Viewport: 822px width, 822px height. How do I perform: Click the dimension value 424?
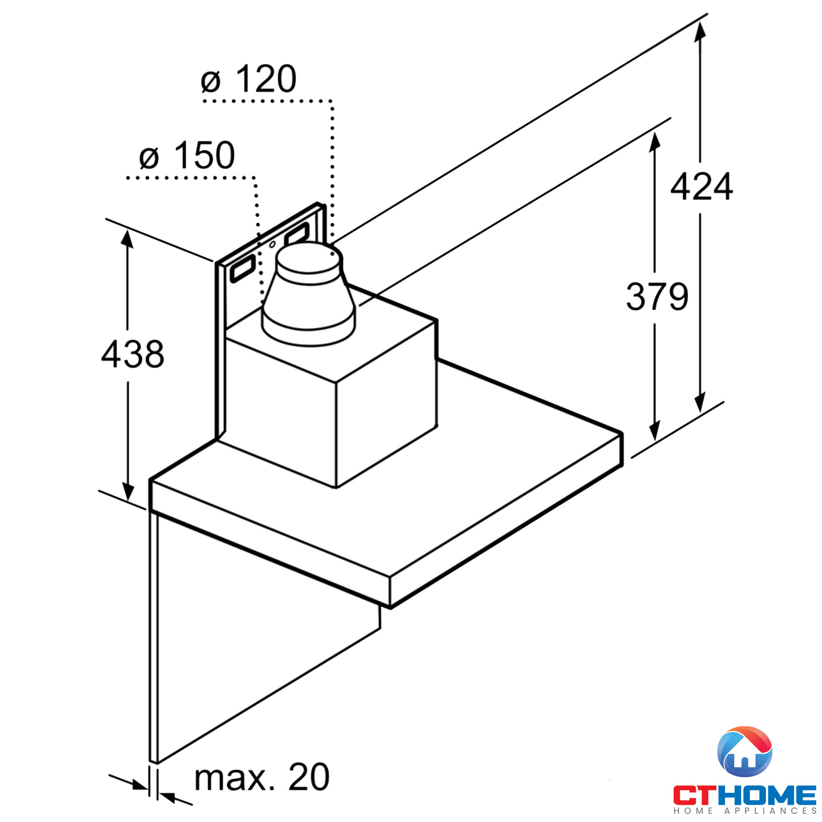(x=701, y=186)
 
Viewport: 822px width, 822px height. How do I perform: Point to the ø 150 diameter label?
(x=187, y=155)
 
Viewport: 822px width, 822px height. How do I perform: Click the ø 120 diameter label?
(x=249, y=79)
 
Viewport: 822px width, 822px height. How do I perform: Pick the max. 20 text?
(x=262, y=777)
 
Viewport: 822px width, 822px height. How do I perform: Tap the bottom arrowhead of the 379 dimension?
(x=654, y=431)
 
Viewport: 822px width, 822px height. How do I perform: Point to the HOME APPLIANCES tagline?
(x=745, y=811)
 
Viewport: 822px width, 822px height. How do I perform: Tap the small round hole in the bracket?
(x=272, y=245)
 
